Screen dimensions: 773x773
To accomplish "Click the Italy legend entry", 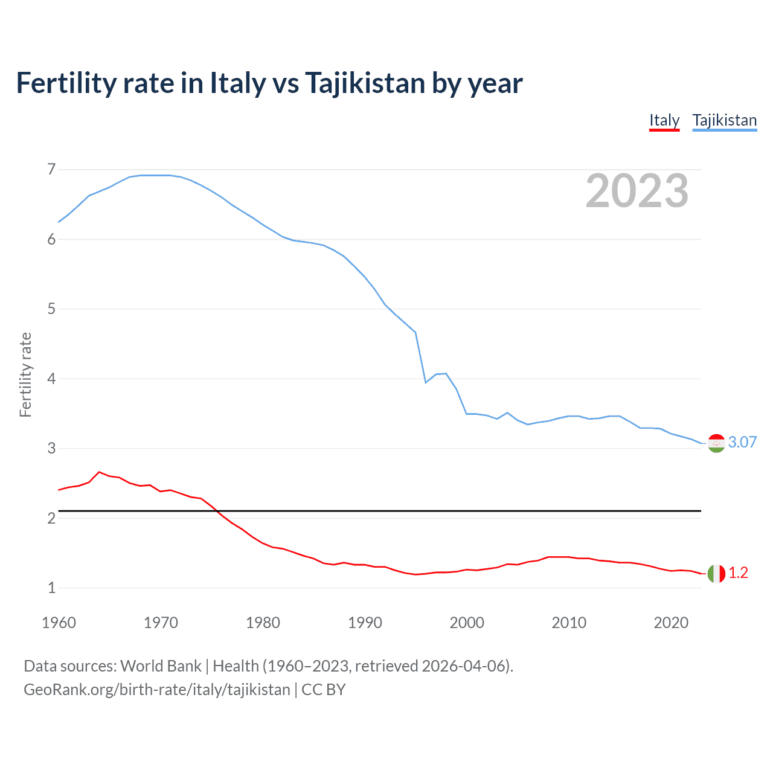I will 664,120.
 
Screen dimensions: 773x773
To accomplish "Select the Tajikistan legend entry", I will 724,120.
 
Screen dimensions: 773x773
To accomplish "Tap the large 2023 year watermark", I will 637,191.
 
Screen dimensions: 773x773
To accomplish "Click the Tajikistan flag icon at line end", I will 716,443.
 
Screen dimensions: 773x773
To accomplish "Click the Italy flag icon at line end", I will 716,573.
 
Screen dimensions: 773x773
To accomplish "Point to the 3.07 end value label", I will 742,442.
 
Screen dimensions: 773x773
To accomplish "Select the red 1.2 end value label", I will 738,573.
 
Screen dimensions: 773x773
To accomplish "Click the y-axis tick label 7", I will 51,170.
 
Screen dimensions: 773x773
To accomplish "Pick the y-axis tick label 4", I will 51,379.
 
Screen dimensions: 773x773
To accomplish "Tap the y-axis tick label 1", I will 51,588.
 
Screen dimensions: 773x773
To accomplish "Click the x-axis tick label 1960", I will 59,623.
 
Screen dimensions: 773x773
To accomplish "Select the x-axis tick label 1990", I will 365,623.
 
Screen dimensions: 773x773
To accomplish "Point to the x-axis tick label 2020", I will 671,623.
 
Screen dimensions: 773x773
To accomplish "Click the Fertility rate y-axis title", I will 25,374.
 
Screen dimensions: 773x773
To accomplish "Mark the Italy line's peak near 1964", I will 99,472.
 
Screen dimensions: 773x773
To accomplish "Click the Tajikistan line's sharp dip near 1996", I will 426,382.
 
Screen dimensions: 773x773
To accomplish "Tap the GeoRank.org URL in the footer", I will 156,690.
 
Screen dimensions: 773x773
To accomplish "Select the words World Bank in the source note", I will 161,666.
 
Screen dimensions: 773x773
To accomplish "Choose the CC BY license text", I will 323,690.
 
